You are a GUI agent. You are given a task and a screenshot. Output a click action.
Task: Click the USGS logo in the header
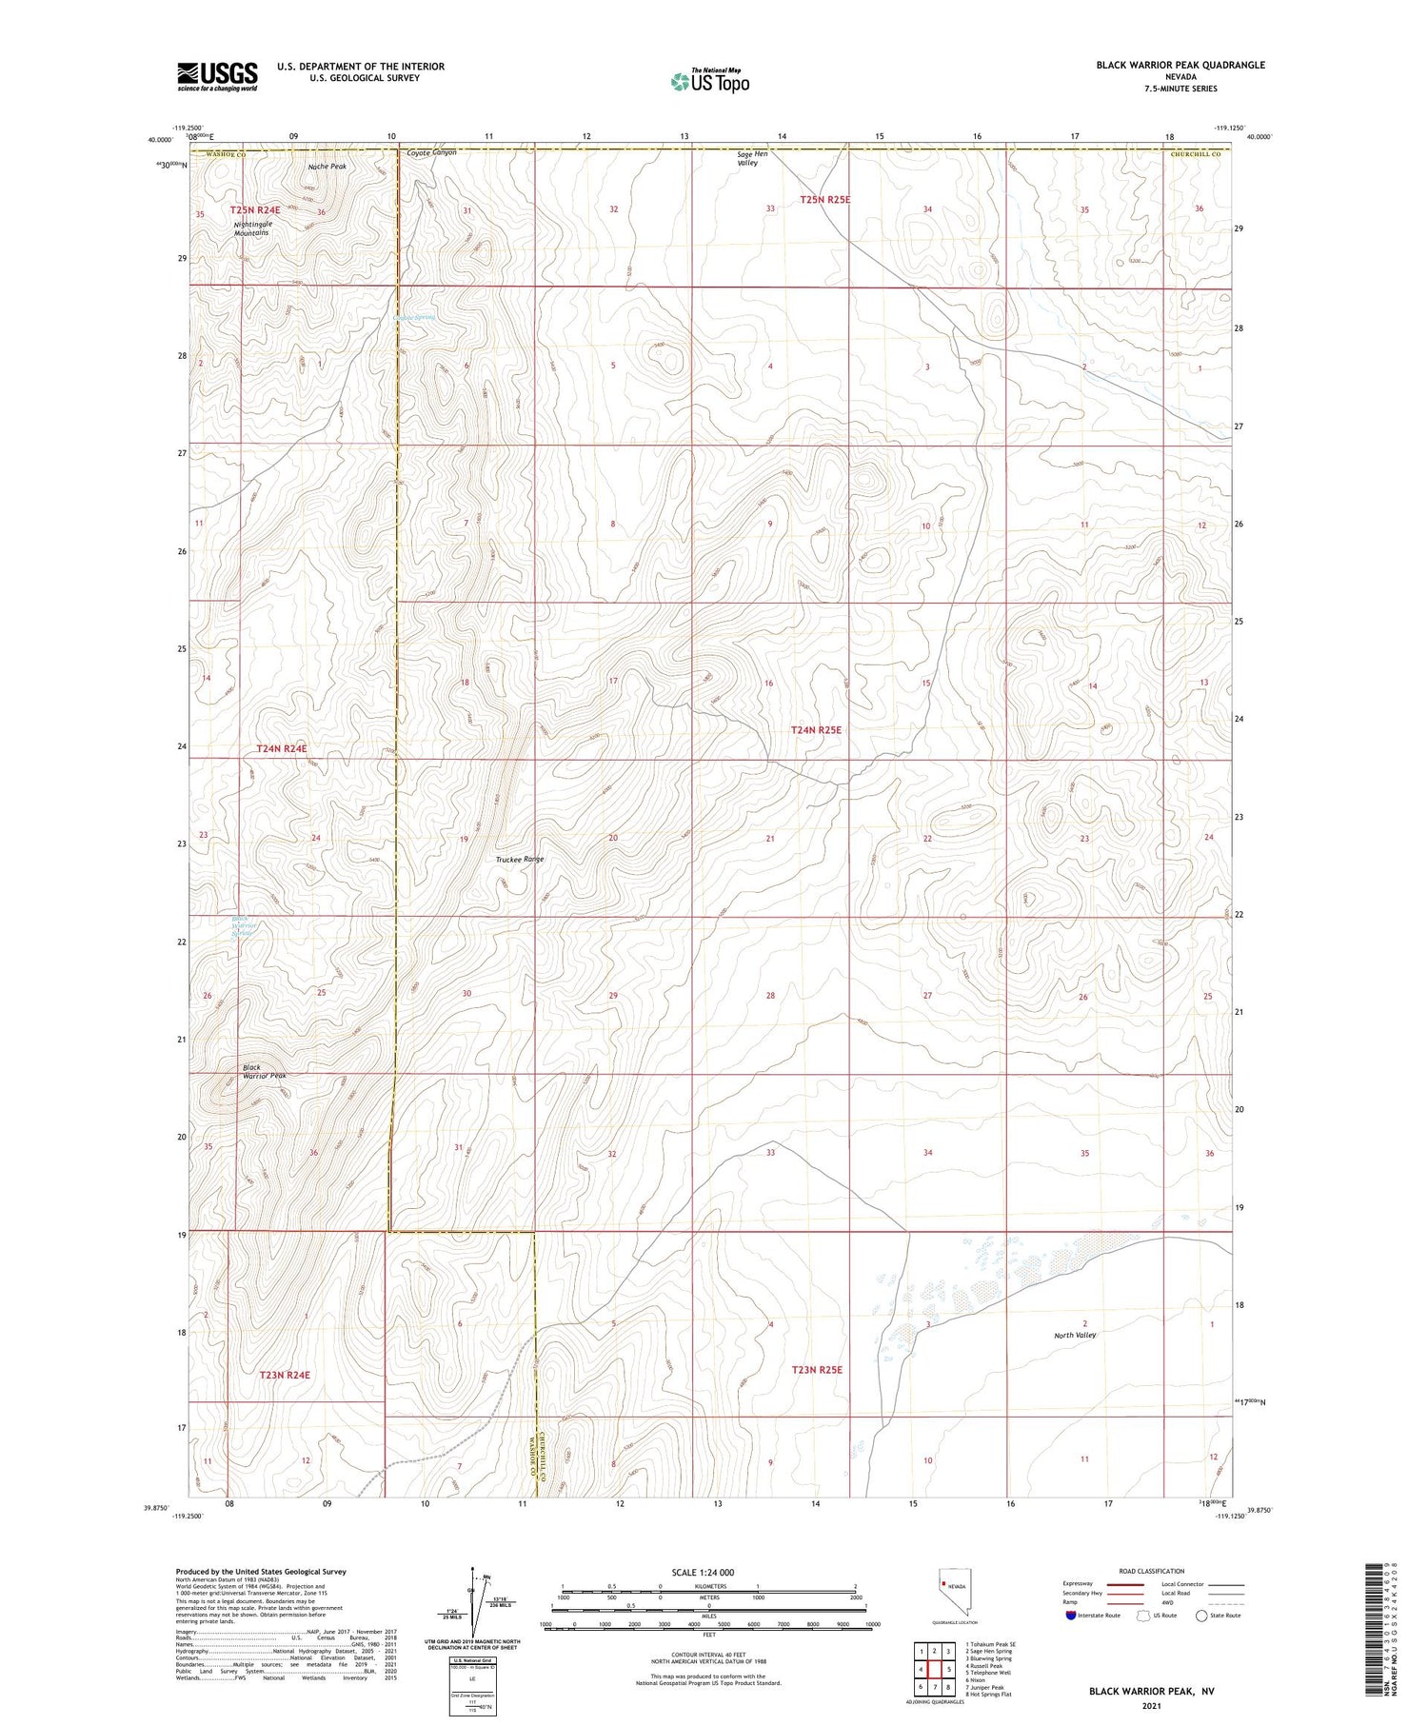(217, 76)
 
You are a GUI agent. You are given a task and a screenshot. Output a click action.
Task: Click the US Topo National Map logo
(710, 81)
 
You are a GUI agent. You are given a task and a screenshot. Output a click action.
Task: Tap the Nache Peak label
(327, 167)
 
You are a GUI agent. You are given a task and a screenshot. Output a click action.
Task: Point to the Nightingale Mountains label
(252, 228)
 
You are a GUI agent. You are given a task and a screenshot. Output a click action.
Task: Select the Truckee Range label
(520, 860)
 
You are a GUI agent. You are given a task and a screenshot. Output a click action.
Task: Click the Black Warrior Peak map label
(263, 1071)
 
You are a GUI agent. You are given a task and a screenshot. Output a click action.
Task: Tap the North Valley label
(1075, 1335)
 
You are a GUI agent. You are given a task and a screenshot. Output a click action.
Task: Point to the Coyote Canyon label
(431, 152)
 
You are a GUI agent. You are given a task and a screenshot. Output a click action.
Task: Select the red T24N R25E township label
(816, 730)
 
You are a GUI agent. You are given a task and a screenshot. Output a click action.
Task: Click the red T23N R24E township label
(285, 1375)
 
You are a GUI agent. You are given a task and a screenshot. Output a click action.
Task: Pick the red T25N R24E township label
(255, 209)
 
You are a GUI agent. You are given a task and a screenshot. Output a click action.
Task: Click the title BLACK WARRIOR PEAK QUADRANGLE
(1180, 65)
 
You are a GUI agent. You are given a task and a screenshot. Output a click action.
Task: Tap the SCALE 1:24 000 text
(703, 1572)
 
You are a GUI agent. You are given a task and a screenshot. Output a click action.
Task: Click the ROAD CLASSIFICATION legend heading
(1152, 1571)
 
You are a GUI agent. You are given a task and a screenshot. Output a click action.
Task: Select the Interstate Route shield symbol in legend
(1071, 1616)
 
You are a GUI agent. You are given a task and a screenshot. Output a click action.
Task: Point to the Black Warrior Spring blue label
(245, 925)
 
